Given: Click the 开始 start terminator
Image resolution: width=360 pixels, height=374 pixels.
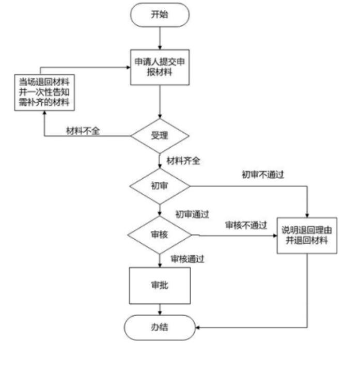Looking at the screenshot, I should pyautogui.click(x=160, y=14).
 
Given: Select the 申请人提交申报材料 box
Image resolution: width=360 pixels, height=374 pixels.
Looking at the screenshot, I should pyautogui.click(x=160, y=67).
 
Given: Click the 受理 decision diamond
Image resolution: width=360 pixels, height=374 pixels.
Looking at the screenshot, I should pyautogui.click(x=160, y=136).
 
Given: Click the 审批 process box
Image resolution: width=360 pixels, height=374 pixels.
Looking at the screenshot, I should pyautogui.click(x=160, y=285).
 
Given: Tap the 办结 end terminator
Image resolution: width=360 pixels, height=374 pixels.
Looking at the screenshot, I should pyautogui.click(x=160, y=327).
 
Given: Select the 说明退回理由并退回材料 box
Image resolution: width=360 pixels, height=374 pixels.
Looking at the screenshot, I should pyautogui.click(x=307, y=235).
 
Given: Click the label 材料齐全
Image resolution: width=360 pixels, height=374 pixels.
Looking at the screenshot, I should pyautogui.click(x=183, y=161).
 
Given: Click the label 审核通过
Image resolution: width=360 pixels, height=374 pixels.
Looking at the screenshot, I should pyautogui.click(x=187, y=258).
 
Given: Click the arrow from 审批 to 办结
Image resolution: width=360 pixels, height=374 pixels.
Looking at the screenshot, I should pyautogui.click(x=160, y=309).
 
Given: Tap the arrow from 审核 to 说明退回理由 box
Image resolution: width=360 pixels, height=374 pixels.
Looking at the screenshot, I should pyautogui.click(x=235, y=236).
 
